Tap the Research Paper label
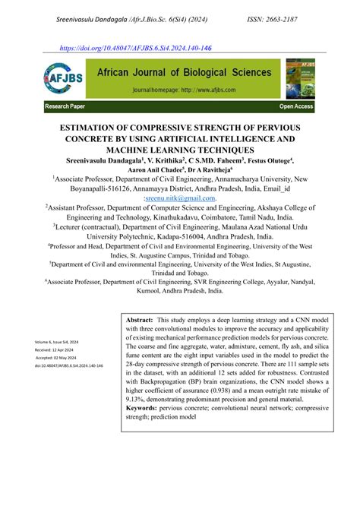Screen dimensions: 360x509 coord(69,107)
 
